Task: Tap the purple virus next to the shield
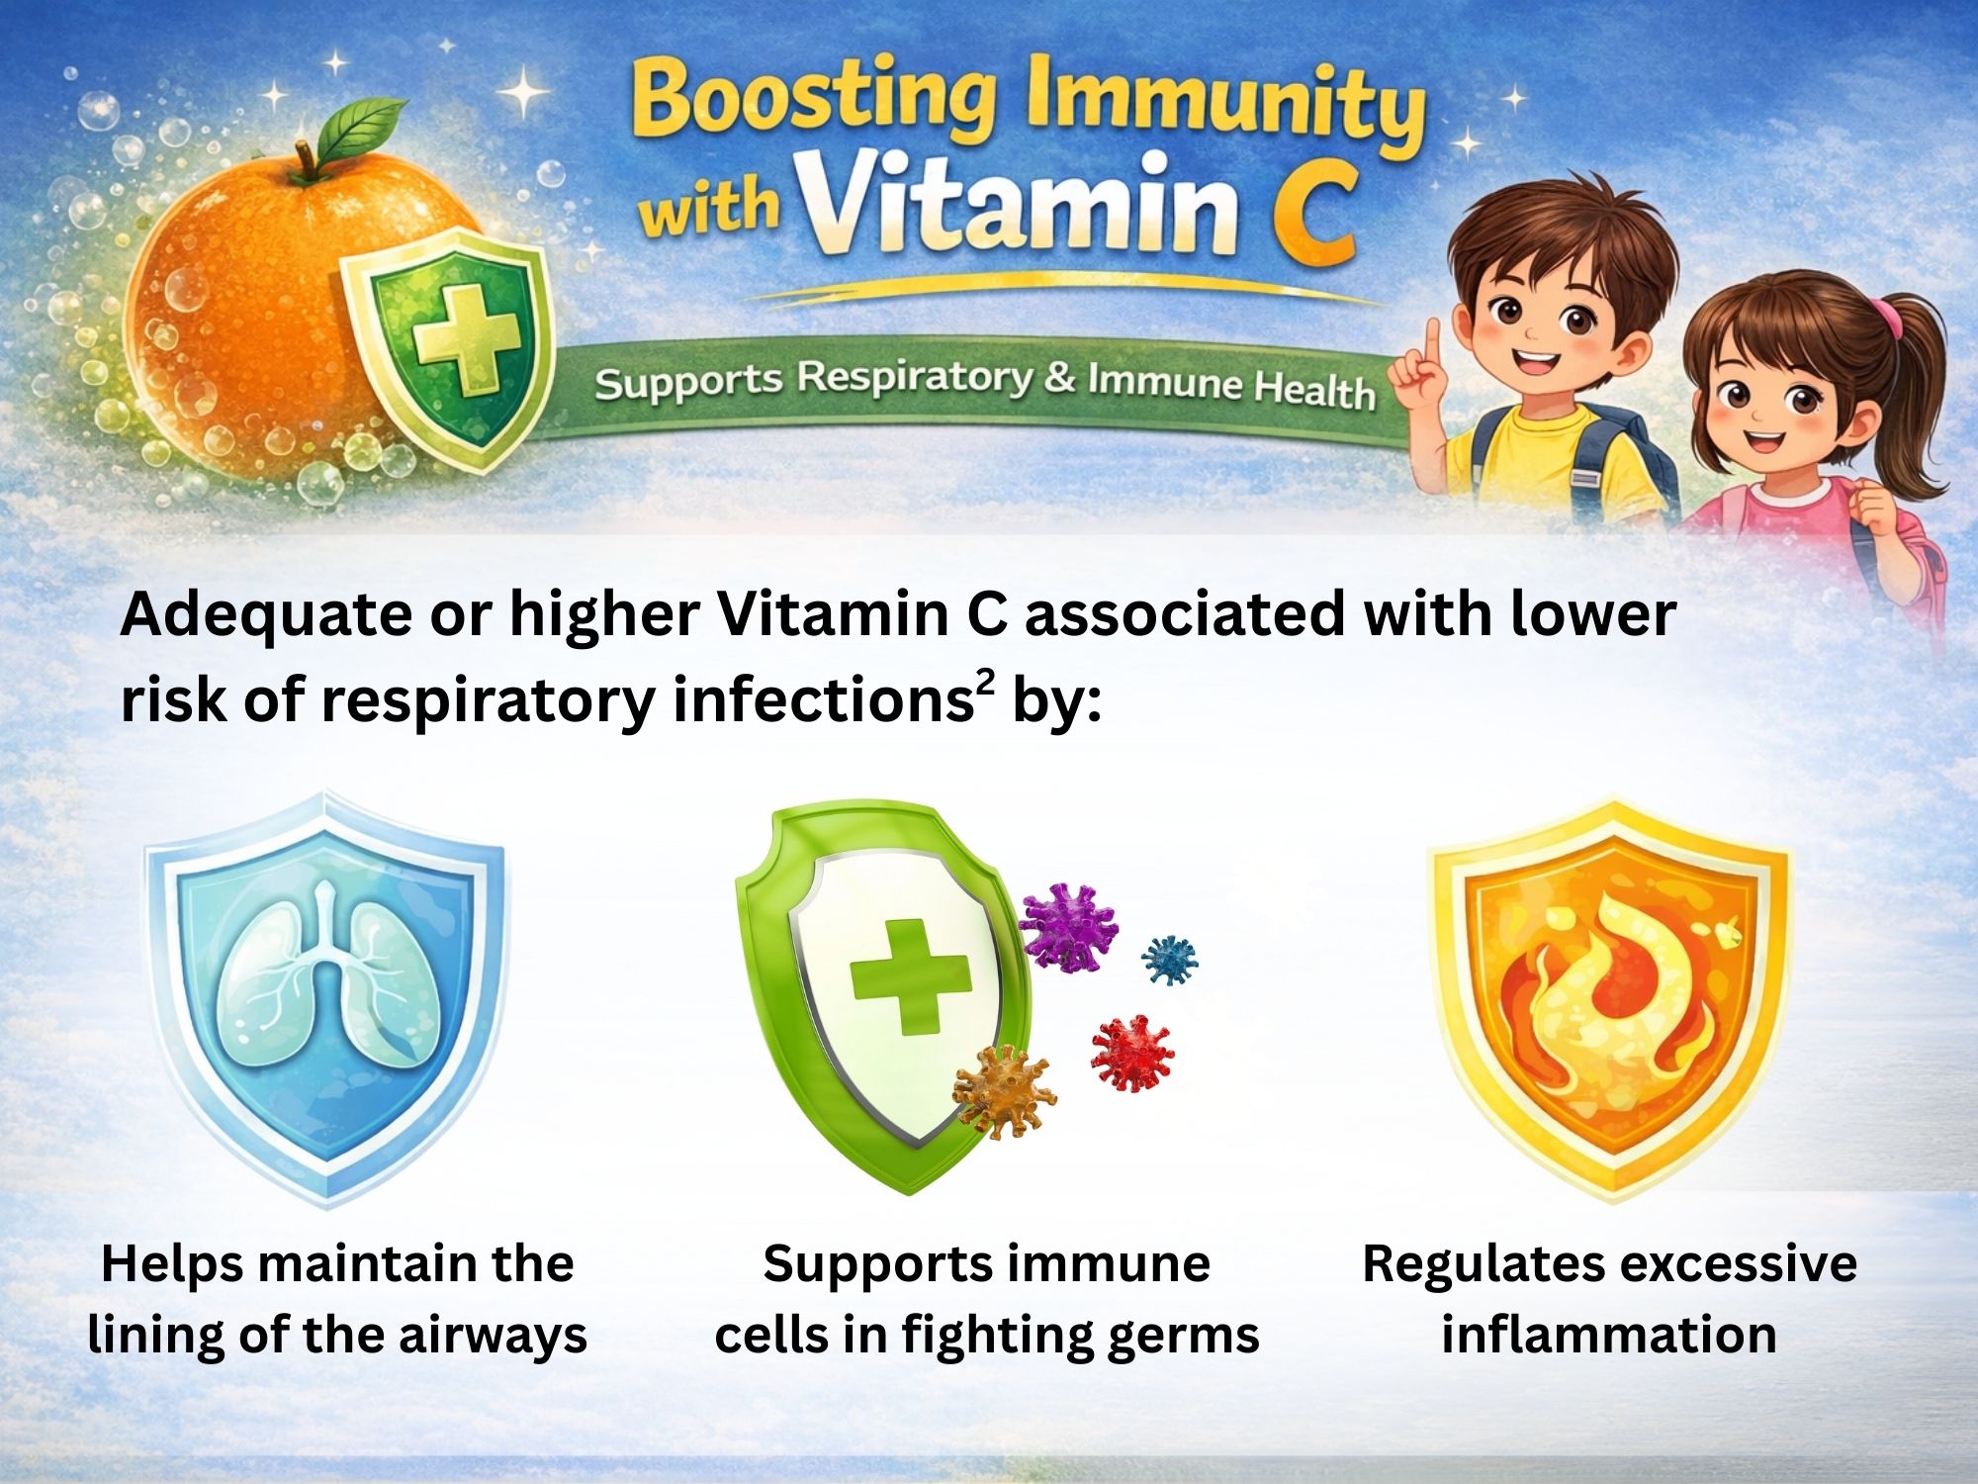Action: tap(1068, 927)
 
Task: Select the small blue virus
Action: tap(1170, 959)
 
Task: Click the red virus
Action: tap(1132, 1053)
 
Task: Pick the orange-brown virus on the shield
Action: tap(1003, 1092)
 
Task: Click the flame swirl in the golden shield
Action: tap(1612, 999)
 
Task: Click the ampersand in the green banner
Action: tap(1059, 377)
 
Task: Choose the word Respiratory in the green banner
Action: tap(915, 377)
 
